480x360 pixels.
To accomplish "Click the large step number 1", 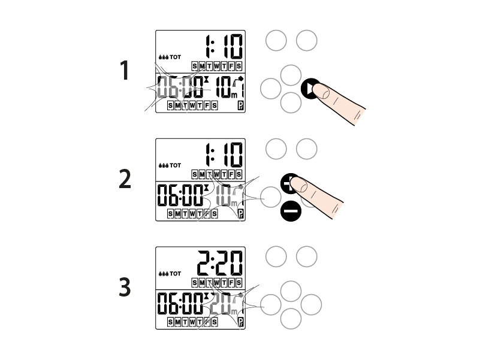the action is pos(124,71).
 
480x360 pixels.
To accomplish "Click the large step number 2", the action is pos(125,179).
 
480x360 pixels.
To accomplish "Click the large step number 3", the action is pos(125,287).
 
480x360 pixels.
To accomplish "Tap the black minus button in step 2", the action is pos(291,211).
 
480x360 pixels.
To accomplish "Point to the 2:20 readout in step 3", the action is pos(220,264).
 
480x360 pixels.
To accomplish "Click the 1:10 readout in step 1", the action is pos(224,47).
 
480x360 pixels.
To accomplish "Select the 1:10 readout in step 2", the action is pos(224,155).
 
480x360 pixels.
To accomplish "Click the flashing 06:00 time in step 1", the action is pos(180,87).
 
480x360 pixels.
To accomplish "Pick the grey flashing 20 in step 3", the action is pos(221,303).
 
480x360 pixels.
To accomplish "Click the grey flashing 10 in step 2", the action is pos(224,195).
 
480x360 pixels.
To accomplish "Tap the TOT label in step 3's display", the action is pos(176,274).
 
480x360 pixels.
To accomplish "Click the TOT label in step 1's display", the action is pos(176,57).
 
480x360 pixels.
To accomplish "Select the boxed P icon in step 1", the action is pos(241,106).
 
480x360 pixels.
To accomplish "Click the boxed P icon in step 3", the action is pos(241,322).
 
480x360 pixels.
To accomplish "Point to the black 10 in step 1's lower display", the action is pos(224,87).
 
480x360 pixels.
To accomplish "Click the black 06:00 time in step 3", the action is pos(180,303).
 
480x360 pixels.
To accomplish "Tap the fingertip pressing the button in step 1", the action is pos(321,91).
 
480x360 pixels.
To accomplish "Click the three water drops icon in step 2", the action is pos(164,165).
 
